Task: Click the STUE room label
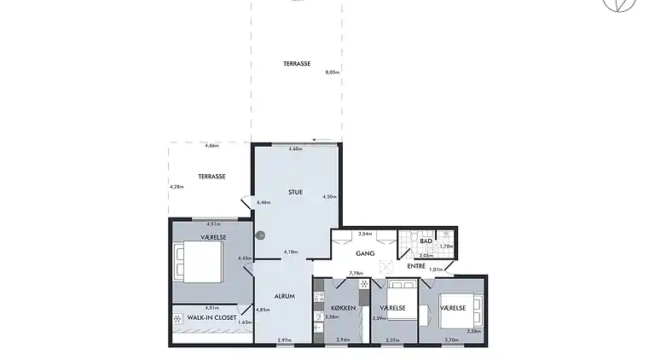(296, 192)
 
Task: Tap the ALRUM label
(284, 296)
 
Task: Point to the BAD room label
(426, 241)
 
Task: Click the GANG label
(366, 253)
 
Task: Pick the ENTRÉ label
(416, 267)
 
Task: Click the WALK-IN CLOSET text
(212, 317)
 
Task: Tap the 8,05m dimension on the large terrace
(333, 73)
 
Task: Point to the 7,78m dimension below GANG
(356, 273)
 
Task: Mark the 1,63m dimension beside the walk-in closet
(245, 322)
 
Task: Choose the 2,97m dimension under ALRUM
(284, 340)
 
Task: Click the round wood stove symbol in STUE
(260, 236)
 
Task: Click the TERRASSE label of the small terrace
(212, 176)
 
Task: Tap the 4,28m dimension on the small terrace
(177, 187)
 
